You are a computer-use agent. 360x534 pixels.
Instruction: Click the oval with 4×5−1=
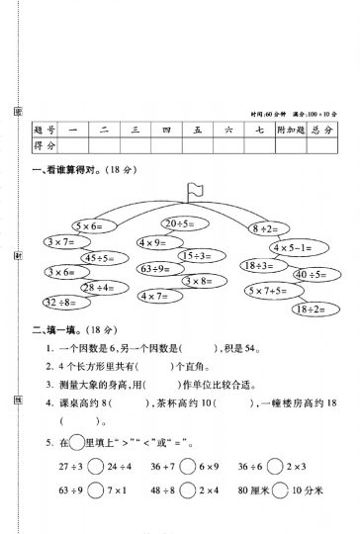294,247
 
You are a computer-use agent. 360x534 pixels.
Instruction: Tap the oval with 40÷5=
315,274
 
